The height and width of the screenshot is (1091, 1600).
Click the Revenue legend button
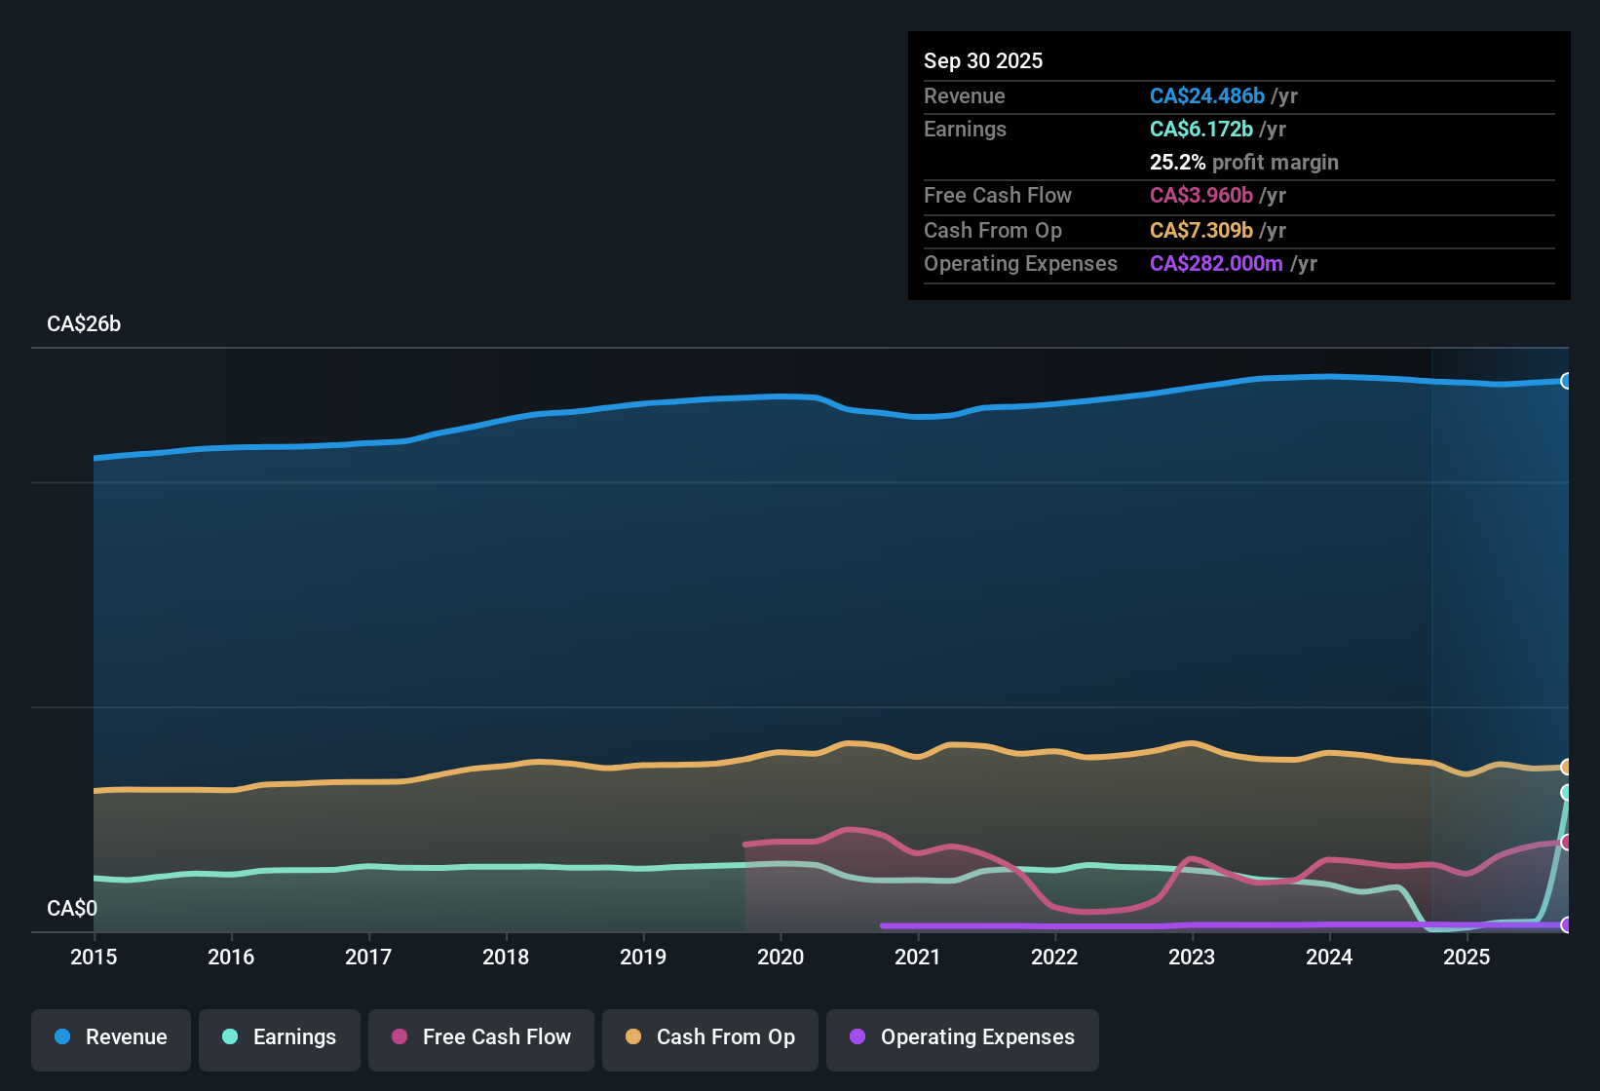[111, 1037]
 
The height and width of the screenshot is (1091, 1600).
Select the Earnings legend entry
[280, 1037]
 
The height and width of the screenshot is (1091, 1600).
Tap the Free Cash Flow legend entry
[481, 1037]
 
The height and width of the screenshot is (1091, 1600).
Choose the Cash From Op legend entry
[710, 1037]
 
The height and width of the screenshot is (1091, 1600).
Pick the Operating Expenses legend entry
[963, 1037]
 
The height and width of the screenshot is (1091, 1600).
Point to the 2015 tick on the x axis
[94, 957]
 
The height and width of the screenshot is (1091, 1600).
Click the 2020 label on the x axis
[781, 957]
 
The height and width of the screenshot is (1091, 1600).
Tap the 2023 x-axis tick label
[1192, 957]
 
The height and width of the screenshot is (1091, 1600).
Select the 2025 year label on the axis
[1467, 957]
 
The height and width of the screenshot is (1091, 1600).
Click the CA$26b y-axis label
[84, 324]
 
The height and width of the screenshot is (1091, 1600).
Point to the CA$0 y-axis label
[72, 909]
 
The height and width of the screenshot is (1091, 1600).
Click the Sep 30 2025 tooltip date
[983, 60]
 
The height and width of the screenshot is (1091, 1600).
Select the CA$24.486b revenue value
[1206, 95]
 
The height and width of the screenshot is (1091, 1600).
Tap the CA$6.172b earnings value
[1200, 130]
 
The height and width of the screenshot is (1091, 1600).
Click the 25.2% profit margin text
[1243, 163]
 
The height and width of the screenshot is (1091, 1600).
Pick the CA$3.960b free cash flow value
[1200, 196]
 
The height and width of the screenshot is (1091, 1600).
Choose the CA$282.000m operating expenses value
[1215, 264]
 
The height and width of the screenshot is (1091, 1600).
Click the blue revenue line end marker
[1567, 381]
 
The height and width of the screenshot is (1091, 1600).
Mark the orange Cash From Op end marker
[1567, 767]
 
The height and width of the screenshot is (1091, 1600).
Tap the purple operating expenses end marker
[1567, 924]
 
